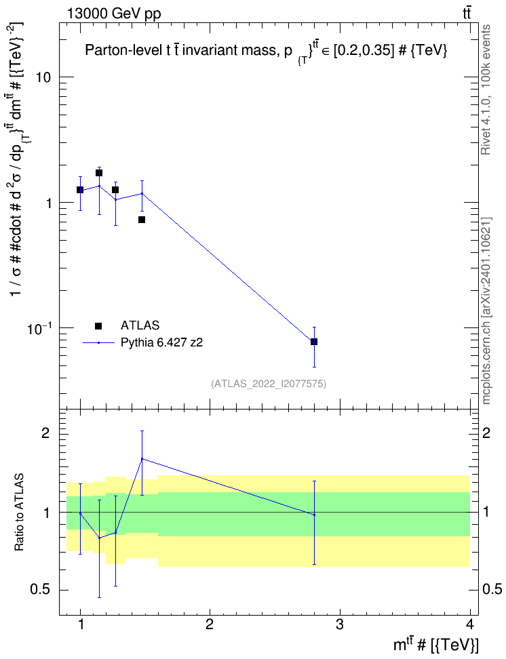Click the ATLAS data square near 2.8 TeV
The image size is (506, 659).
[x=314, y=342]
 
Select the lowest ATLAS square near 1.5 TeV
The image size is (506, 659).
[x=142, y=220]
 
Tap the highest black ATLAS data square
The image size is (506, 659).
[x=99, y=173]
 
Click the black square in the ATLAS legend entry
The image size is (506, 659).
[x=98, y=325]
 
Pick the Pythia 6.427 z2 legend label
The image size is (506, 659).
[x=161, y=342]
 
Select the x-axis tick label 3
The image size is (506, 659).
[x=339, y=624]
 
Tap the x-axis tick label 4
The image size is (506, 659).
[x=470, y=624]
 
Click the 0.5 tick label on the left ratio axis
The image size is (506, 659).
[x=41, y=590]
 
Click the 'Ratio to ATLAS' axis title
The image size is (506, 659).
[x=20, y=512]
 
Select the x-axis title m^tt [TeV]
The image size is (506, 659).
[x=435, y=645]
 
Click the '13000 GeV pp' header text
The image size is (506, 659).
[x=114, y=14]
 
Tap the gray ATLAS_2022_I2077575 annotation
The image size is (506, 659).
[x=269, y=383]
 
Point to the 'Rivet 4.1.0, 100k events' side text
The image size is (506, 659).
[x=486, y=89]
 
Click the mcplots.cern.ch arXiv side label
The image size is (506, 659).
[x=486, y=311]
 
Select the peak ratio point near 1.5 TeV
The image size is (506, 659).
[x=142, y=458]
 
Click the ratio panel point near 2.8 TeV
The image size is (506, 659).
[x=314, y=515]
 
